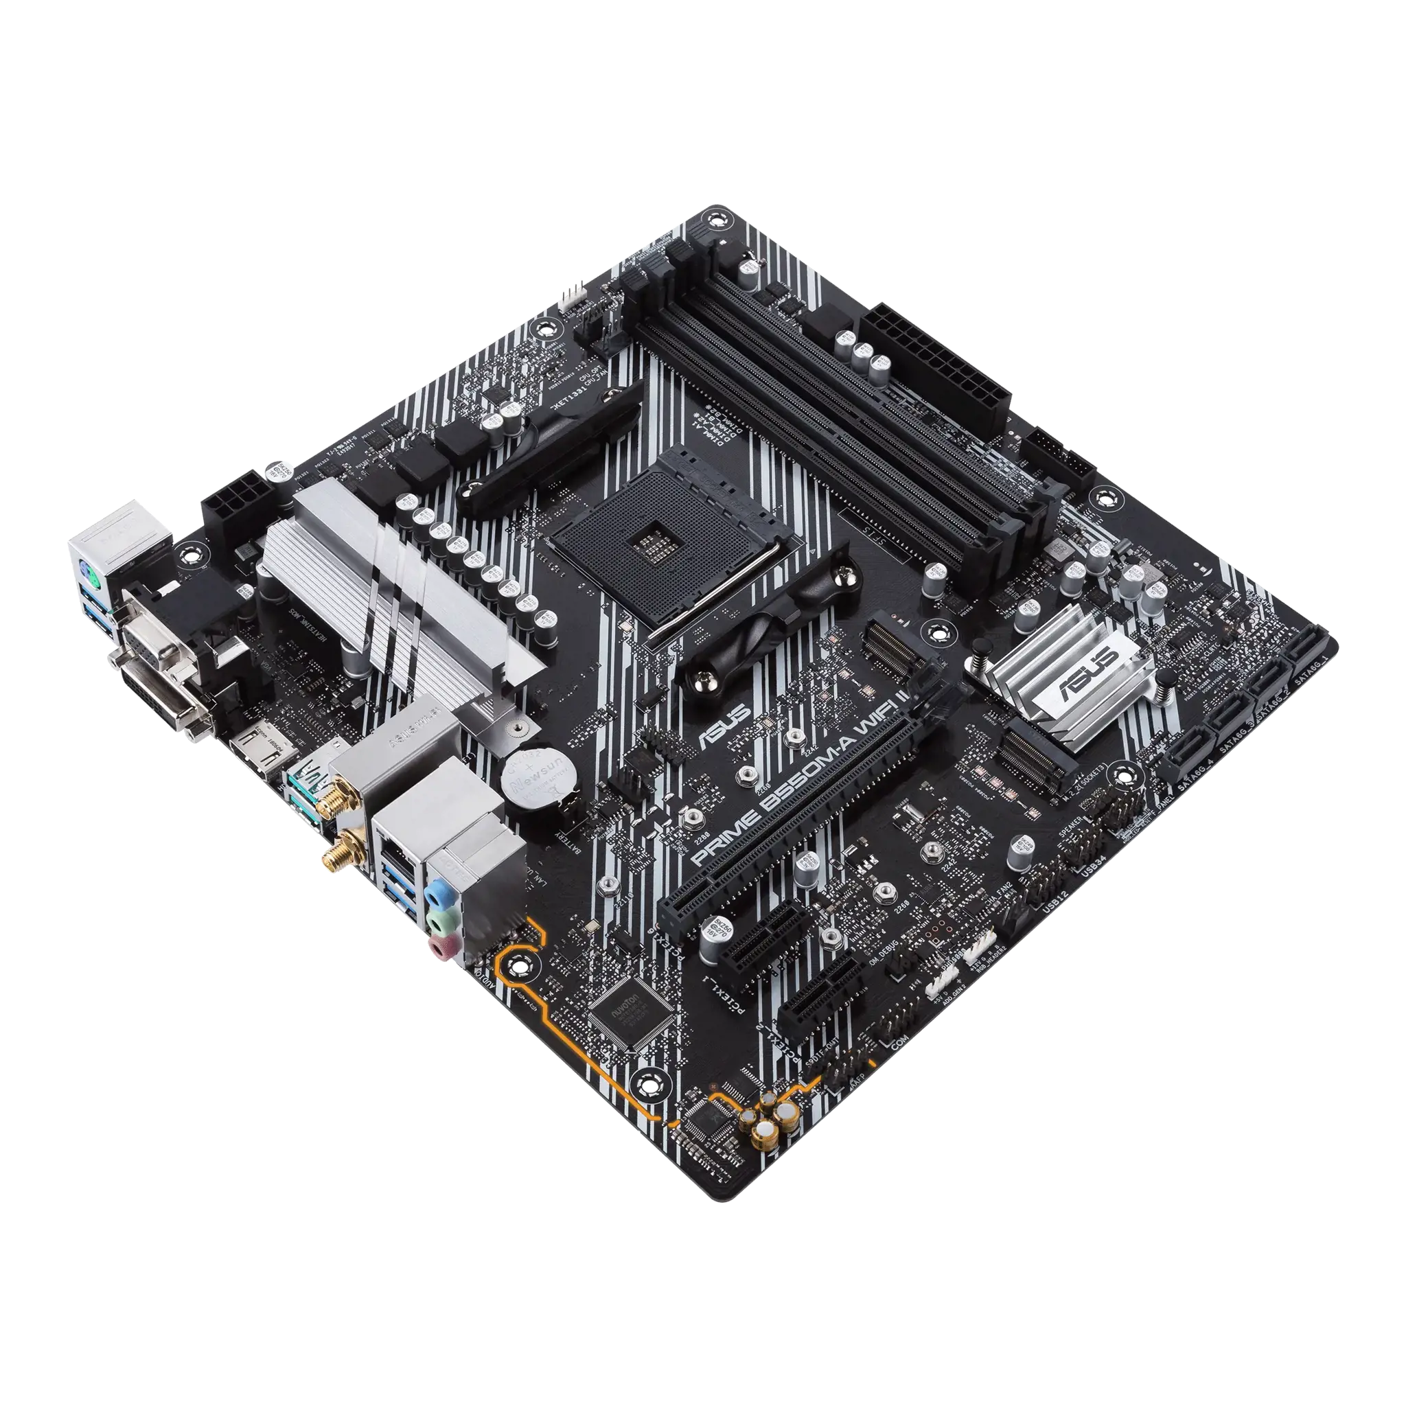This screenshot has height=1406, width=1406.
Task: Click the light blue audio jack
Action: (438, 892)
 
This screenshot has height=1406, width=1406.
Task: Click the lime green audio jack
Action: (439, 920)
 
